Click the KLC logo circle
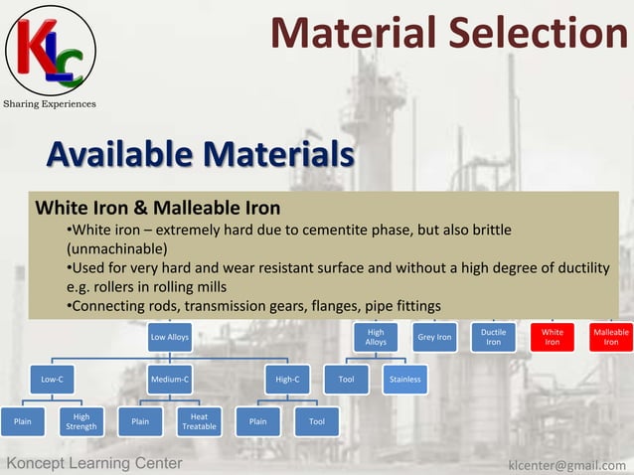click(51, 49)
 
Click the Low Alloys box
click(170, 337)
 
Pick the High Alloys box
click(376, 337)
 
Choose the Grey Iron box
click(434, 337)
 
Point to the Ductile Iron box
click(493, 337)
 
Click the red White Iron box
click(553, 337)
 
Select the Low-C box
click(52, 379)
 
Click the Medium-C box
click(170, 379)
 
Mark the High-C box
click(288, 379)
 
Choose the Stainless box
click(405, 379)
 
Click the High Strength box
click(81, 421)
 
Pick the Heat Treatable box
click(199, 421)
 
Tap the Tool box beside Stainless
click(347, 379)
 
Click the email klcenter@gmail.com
click(566, 464)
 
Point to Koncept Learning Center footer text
click(94, 464)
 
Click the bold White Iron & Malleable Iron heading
click(158, 209)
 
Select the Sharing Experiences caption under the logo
click(49, 103)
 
